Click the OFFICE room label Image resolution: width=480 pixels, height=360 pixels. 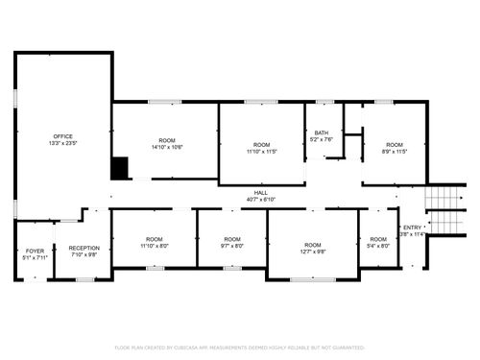click(62, 136)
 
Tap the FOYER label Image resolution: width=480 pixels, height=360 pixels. click(35, 249)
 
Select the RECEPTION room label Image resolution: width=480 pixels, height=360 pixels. click(84, 249)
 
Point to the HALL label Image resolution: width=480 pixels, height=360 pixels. click(260, 193)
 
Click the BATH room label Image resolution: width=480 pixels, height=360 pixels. click(322, 133)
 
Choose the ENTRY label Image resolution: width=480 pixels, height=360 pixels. click(412, 228)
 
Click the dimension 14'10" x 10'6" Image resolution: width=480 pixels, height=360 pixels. click(167, 148)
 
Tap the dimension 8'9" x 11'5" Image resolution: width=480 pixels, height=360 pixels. click(395, 151)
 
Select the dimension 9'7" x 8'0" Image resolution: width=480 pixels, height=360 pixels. click(232, 246)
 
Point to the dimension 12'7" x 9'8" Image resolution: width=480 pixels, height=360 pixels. click(312, 252)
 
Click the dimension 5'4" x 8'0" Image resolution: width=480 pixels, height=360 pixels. click(378, 246)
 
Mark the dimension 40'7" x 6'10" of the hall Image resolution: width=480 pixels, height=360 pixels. click(260, 200)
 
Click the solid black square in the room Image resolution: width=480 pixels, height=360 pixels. click(120, 168)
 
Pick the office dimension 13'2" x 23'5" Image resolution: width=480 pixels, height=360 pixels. click(62, 143)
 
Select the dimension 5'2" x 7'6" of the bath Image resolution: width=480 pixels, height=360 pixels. click(322, 140)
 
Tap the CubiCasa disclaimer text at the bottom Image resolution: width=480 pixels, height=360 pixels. click(240, 347)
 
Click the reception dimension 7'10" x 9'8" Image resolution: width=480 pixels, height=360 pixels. click(84, 255)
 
